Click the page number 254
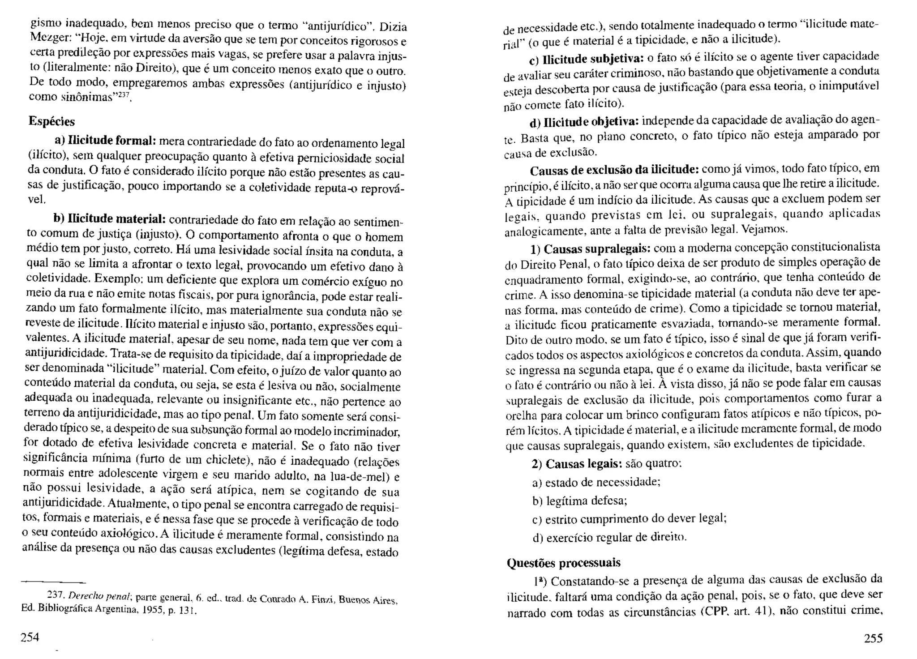(30, 637)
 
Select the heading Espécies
(52, 121)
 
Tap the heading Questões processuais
(564, 563)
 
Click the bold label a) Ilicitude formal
(105, 141)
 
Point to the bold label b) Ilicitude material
(110, 219)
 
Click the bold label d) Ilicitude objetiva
(584, 122)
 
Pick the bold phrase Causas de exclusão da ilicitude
(614, 171)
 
